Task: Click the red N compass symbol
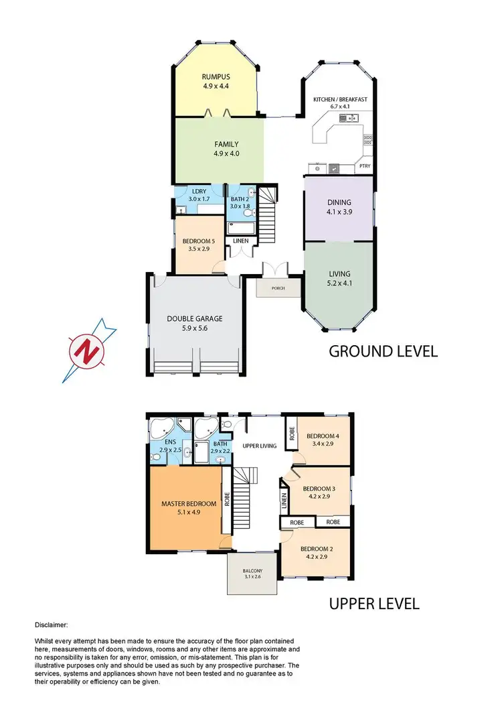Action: point(85,350)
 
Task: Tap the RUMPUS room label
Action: point(216,76)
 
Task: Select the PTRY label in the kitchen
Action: point(365,166)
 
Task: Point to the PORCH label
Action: point(278,289)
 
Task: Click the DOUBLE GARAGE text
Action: point(194,319)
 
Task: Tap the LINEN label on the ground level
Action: point(240,241)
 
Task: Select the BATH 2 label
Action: point(240,199)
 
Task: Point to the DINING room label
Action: point(339,202)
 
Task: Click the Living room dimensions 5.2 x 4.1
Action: point(339,283)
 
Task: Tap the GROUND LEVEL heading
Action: point(383,350)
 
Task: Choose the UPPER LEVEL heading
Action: point(374,604)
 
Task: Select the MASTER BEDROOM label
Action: point(188,503)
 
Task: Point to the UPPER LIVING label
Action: point(260,445)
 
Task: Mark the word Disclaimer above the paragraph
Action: point(50,625)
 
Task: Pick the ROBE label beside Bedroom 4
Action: point(292,433)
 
